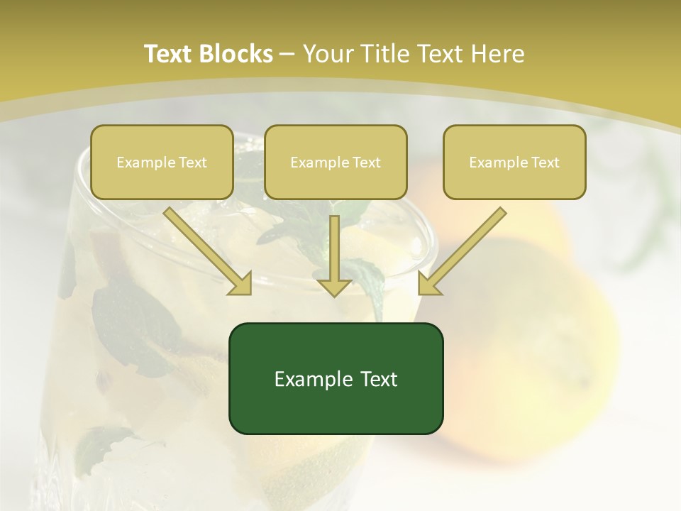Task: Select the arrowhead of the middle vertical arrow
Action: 334,286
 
